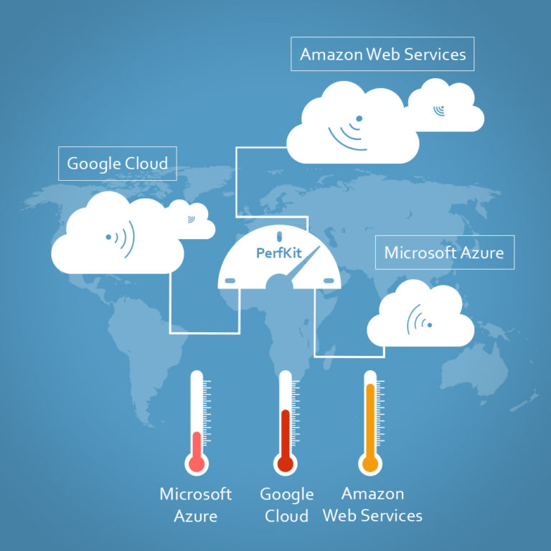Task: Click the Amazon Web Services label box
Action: tap(382, 54)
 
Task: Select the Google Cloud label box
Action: tap(117, 163)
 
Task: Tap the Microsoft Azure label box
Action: tap(444, 253)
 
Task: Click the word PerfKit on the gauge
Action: tap(277, 253)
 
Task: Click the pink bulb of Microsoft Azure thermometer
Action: tap(197, 463)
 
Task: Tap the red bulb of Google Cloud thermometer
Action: tap(285, 463)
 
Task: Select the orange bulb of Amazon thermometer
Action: tap(370, 463)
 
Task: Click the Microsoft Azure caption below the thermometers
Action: tap(195, 504)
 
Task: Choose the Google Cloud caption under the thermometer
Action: tap(286, 504)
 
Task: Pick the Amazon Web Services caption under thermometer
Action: tap(372, 504)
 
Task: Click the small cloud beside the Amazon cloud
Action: tap(446, 107)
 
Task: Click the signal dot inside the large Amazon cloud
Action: tap(359, 118)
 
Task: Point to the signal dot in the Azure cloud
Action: tap(429, 325)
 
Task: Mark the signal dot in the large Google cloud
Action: tap(108, 236)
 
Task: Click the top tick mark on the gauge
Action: tap(278, 236)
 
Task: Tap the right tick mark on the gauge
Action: tap(329, 281)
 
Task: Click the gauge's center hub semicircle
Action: tap(279, 284)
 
